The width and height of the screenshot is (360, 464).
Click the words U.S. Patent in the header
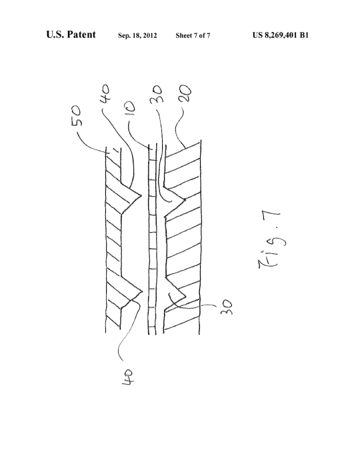[x=71, y=35]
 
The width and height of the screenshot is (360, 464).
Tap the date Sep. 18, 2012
[x=137, y=35]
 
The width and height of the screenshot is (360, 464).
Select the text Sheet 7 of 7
[x=193, y=35]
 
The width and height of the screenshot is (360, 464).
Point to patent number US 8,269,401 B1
[x=280, y=35]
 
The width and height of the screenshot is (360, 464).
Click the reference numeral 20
[x=185, y=93]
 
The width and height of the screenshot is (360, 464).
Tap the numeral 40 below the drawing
[x=129, y=377]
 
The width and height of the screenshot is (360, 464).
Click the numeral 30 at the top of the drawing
[x=157, y=93]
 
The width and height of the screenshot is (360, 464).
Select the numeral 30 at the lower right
[x=226, y=307]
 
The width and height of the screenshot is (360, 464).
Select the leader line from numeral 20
[x=179, y=129]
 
